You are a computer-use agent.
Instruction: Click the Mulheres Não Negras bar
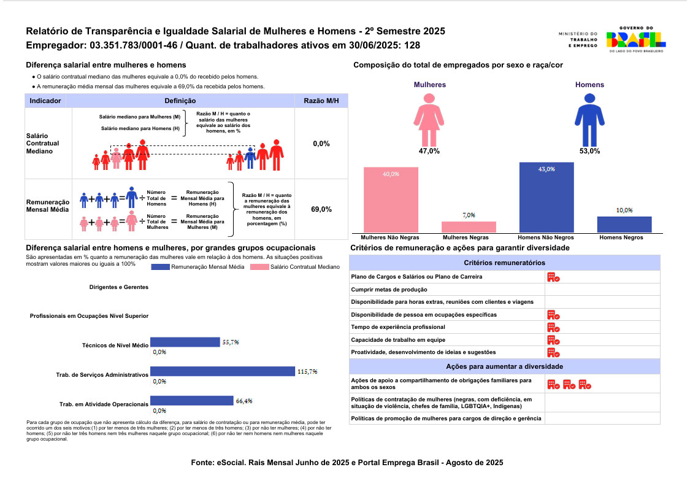coord(391,199)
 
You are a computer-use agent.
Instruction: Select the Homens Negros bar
coord(624,224)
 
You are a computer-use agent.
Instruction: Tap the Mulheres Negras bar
coord(469,226)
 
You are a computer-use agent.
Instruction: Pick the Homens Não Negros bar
coord(546,197)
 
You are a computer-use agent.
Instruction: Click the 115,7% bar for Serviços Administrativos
coord(223,371)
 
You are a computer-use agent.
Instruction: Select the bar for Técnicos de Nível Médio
coord(185,342)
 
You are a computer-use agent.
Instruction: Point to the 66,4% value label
coord(243,401)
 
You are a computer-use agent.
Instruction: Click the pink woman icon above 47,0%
coord(429,120)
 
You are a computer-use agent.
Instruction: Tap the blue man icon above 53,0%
coord(589,120)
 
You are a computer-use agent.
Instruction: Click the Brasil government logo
coord(635,40)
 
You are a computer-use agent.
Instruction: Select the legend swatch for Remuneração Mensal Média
coord(160,267)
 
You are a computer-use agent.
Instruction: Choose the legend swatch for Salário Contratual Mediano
coord(259,267)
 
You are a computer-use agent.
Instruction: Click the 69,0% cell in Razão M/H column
coord(321,209)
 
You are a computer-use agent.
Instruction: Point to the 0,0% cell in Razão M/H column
coord(321,144)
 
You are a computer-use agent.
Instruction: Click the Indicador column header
coord(45,101)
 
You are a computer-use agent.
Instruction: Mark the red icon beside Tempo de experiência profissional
coord(553,328)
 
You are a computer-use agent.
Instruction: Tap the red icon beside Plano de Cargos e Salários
coord(553,277)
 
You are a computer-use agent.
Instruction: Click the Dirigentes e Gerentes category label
coord(119,287)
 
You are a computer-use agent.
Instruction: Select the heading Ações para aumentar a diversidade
coord(504,366)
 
